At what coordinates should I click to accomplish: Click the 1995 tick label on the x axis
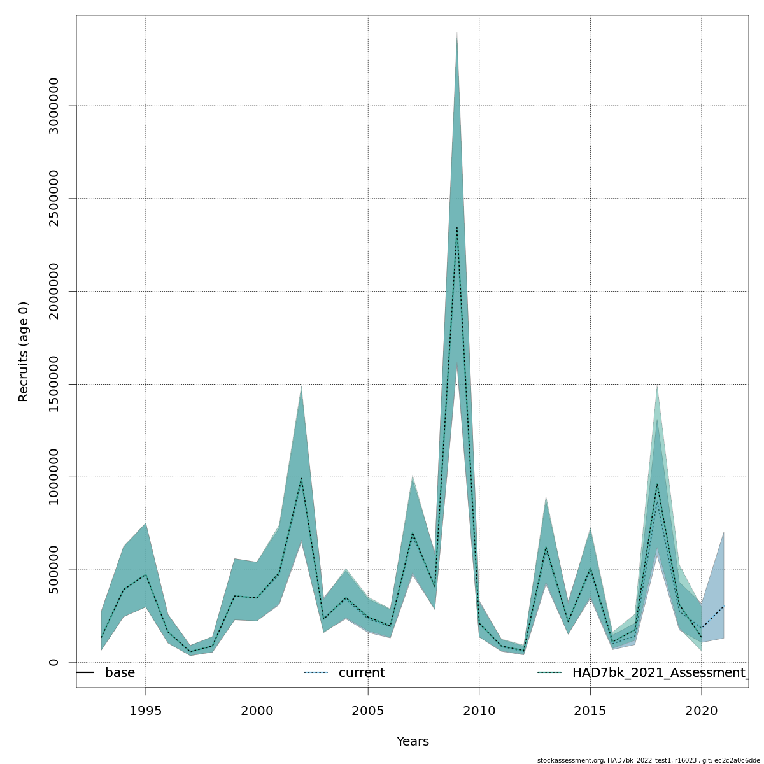point(146,711)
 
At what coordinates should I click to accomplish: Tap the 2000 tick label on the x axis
point(257,711)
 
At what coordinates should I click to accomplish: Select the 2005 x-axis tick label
point(368,711)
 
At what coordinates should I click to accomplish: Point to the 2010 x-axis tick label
point(479,711)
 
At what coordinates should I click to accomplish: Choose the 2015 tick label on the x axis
point(590,711)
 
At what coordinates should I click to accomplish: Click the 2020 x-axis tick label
point(701,711)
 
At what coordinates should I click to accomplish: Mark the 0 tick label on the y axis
point(53,662)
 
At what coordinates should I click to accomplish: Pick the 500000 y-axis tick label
point(53,570)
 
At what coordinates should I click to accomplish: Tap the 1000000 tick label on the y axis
point(53,477)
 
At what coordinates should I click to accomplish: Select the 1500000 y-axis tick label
point(53,384)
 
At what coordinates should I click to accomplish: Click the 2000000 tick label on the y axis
point(53,291)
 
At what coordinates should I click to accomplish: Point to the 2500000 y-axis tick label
point(53,199)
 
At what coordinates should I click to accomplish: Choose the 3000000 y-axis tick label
point(53,106)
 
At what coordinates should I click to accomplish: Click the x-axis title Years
point(413,742)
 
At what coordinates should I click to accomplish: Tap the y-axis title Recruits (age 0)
point(24,351)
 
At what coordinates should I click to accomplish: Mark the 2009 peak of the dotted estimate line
point(457,227)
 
